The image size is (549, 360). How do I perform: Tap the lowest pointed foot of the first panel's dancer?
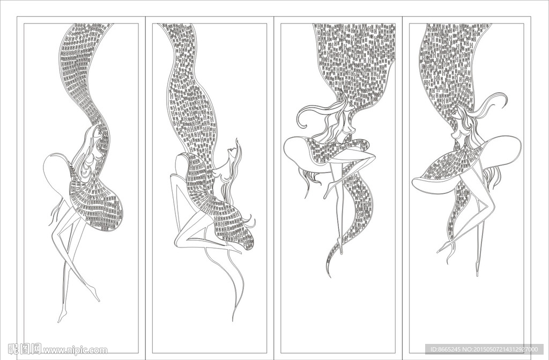tap(60, 320)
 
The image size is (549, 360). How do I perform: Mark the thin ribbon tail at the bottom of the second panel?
tap(234, 316)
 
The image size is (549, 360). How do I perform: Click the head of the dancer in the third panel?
tap(345, 121)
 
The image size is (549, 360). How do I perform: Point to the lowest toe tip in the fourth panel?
tap(477, 274)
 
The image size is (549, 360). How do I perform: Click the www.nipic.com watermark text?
tap(75, 351)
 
